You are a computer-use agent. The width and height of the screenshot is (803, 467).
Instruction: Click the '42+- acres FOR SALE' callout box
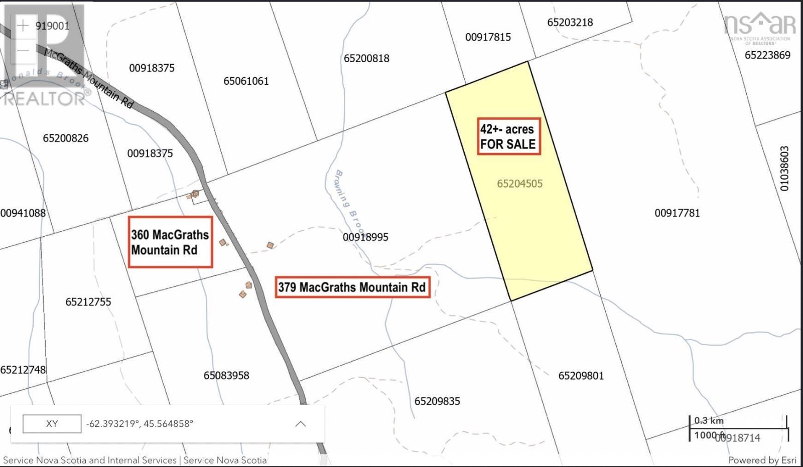coord(508,136)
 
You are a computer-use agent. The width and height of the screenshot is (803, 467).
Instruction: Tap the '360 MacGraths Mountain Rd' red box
coord(170,242)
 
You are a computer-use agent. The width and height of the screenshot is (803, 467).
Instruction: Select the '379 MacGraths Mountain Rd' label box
coord(352,287)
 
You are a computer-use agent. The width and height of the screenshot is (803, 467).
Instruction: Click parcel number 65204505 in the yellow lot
coord(519,184)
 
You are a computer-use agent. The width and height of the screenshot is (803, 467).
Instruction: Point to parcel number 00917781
coord(677,213)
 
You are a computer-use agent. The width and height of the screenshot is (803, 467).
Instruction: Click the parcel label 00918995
coord(365,237)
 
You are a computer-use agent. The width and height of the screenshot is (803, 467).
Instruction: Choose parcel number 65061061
coord(246,81)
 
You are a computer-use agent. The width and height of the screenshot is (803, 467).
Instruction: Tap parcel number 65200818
coord(366,59)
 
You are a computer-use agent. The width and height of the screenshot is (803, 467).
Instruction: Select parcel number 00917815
coord(488,37)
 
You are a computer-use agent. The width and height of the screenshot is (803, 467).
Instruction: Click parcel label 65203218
coord(570,23)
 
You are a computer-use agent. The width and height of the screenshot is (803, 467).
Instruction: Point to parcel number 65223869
coord(767,55)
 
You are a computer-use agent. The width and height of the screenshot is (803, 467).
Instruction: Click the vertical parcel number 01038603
coord(784,169)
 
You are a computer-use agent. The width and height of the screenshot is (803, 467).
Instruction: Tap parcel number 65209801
coord(581,376)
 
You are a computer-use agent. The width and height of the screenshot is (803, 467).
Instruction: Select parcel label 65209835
coord(437,401)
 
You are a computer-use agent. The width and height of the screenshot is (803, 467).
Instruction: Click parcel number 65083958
coord(226,376)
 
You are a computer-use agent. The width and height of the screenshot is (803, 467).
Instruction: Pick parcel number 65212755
coord(88,302)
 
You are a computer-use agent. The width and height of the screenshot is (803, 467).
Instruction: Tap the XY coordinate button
coord(52,424)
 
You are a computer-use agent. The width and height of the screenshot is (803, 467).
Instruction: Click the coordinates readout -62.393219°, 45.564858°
coord(140,424)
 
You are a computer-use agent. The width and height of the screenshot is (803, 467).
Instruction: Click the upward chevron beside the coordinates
coord(300,424)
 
